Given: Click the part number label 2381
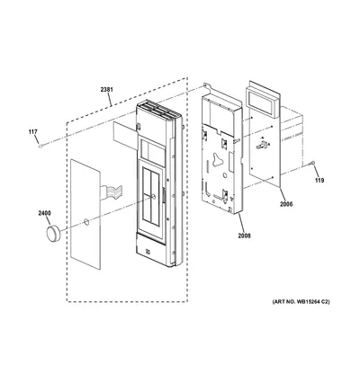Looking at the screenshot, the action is pyautogui.click(x=107, y=89).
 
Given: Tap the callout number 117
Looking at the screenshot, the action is pyautogui.click(x=33, y=131).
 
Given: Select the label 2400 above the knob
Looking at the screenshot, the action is pyautogui.click(x=44, y=213).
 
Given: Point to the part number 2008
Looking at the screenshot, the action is pyautogui.click(x=244, y=236).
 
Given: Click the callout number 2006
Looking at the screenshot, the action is pyautogui.click(x=286, y=204).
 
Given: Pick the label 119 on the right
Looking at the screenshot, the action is pyautogui.click(x=319, y=181).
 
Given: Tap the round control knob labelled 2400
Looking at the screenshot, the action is pyautogui.click(x=53, y=234).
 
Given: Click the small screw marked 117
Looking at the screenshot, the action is pyautogui.click(x=40, y=146).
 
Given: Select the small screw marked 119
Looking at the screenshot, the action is pyautogui.click(x=313, y=163).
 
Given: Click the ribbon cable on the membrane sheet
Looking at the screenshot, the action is pyautogui.click(x=112, y=192).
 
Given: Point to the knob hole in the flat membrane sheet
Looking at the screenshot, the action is pyautogui.click(x=85, y=222).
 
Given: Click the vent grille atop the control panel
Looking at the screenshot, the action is pyautogui.click(x=159, y=111).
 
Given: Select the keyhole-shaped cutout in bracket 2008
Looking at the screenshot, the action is pyautogui.click(x=217, y=158).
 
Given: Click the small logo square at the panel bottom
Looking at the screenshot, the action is pyautogui.click(x=148, y=252).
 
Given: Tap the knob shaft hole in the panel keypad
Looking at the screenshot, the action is pyautogui.click(x=154, y=196).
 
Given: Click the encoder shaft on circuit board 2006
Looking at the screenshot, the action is pyautogui.click(x=262, y=146).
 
